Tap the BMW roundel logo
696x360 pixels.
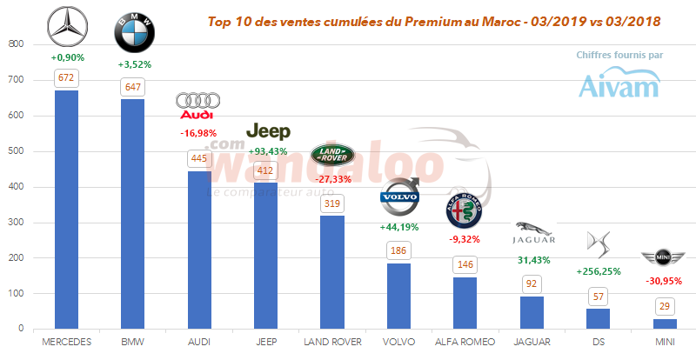point(134,33)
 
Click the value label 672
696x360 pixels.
point(66,78)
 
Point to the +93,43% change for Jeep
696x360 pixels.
point(268,151)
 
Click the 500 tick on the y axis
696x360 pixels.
point(17,151)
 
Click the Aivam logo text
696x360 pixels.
point(619,85)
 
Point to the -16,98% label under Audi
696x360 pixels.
point(200,133)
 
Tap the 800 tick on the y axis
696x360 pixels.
point(17,44)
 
